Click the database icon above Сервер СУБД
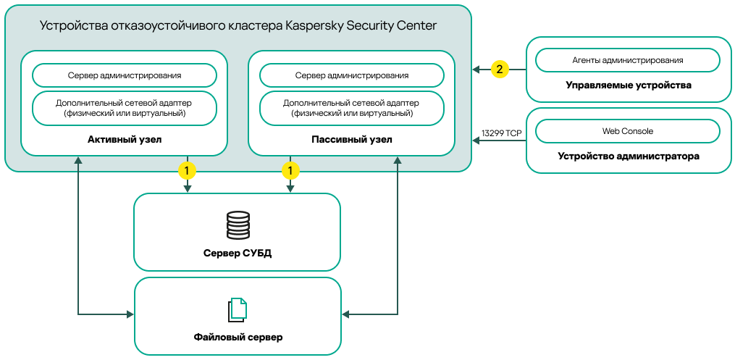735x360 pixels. click(x=238, y=225)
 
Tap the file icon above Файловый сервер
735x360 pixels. click(x=238, y=310)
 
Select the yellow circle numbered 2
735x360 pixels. click(x=500, y=70)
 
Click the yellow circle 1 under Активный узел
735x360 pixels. click(x=188, y=171)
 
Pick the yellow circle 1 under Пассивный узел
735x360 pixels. click(x=290, y=171)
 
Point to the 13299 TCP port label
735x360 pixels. click(x=501, y=133)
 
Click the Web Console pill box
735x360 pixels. click(x=627, y=131)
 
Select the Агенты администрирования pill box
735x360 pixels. click(x=627, y=60)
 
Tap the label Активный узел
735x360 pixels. click(x=125, y=139)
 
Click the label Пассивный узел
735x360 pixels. click(x=351, y=139)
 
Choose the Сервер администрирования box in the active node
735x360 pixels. click(x=125, y=75)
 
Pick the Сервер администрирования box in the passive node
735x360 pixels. click(x=351, y=75)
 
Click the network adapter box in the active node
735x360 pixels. click(x=125, y=108)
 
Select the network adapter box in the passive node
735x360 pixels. click(x=351, y=108)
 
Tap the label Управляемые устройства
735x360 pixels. click(x=628, y=85)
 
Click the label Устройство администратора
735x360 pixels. click(x=628, y=156)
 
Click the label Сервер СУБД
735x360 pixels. click(x=238, y=253)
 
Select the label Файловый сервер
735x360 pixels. click(x=238, y=337)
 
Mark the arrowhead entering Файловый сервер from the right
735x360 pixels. click(x=345, y=314)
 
